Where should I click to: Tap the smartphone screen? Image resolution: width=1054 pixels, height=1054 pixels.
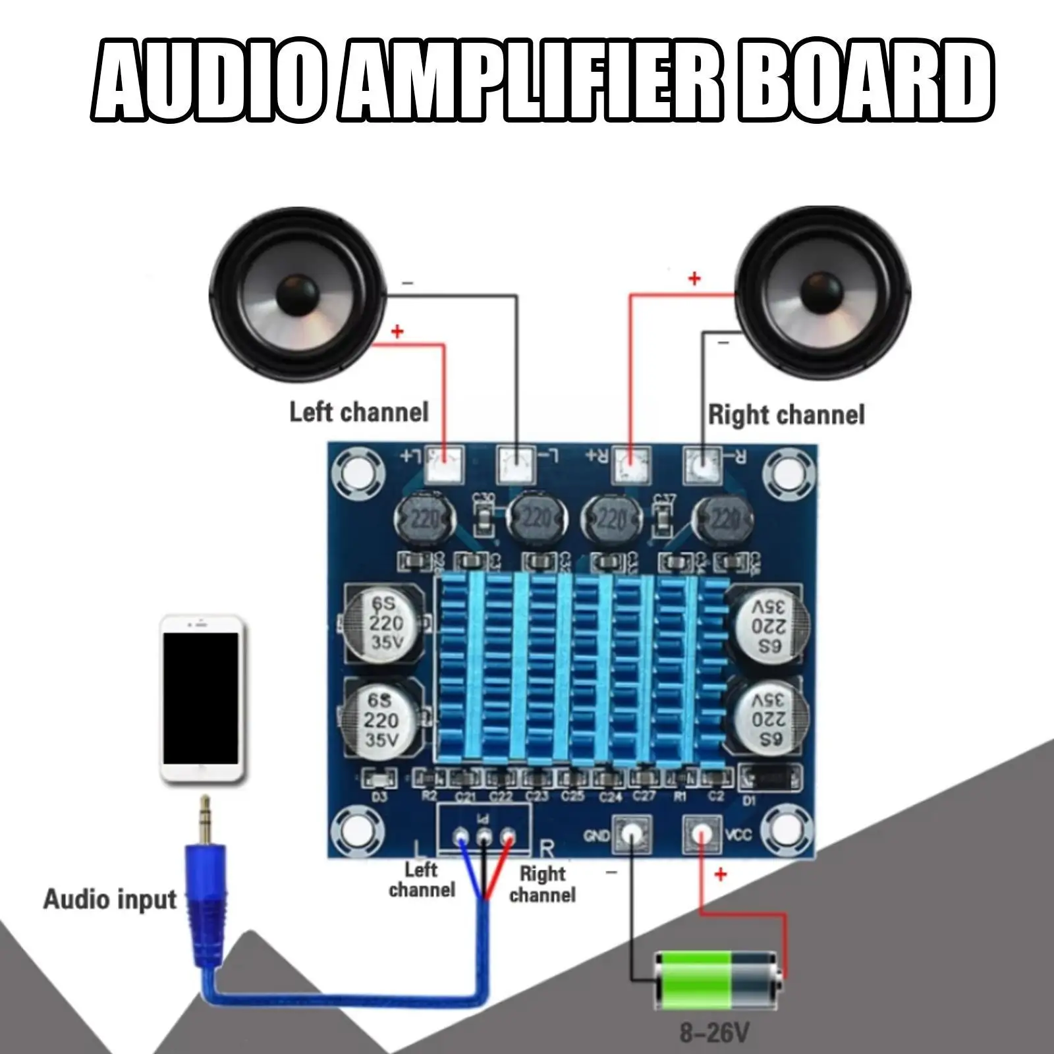click(201, 698)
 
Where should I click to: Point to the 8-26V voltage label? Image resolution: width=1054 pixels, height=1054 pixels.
click(714, 1032)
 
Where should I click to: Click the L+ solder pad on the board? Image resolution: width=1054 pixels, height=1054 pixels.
click(445, 462)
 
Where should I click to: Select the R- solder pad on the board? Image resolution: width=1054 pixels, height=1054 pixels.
click(702, 464)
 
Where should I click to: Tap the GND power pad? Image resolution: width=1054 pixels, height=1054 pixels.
click(632, 834)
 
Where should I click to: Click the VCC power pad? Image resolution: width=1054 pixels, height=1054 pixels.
click(702, 834)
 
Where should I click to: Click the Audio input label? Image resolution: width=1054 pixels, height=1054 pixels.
click(110, 900)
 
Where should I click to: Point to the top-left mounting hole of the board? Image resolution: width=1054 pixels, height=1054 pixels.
click(356, 470)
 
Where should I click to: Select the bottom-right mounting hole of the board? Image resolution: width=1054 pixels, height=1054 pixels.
click(787, 833)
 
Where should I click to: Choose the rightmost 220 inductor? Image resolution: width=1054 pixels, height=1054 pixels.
click(722, 520)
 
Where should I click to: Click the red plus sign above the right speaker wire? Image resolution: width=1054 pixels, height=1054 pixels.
click(694, 279)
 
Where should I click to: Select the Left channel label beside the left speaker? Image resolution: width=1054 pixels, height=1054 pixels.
click(359, 412)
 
